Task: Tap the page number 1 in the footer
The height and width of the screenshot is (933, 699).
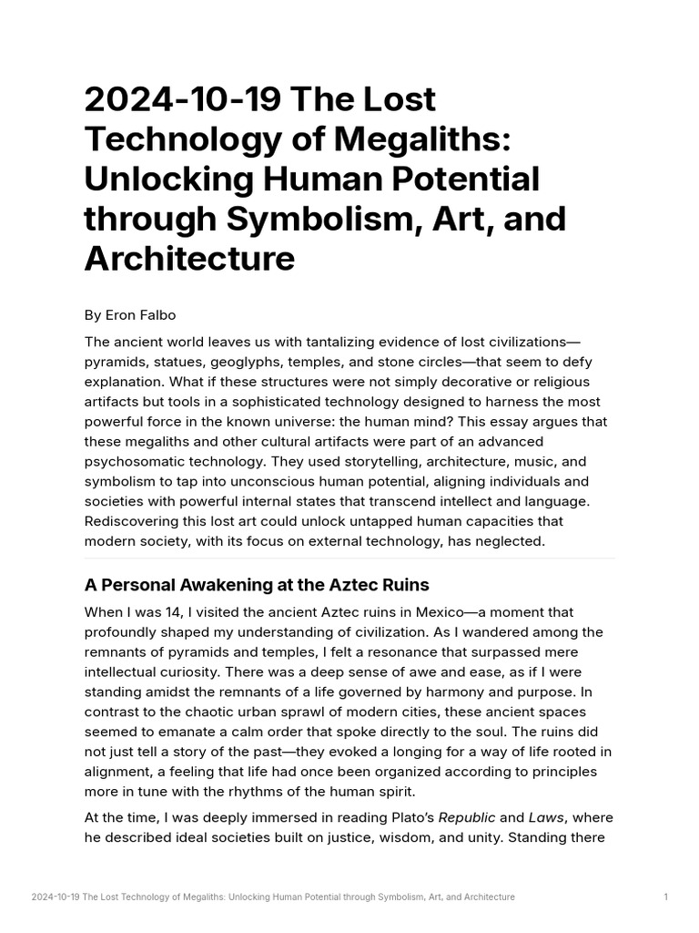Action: pyautogui.click(x=666, y=897)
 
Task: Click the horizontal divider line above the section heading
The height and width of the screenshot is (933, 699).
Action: pyautogui.click(x=349, y=559)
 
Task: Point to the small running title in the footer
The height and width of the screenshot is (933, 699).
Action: pyautogui.click(x=273, y=897)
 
